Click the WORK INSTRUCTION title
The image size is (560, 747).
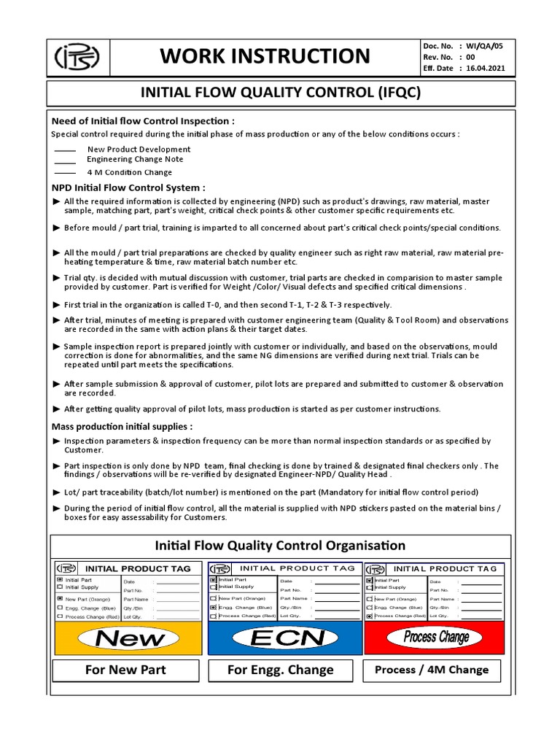(265, 56)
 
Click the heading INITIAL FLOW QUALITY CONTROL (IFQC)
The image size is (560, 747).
(281, 93)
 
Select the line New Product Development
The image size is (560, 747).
(139, 149)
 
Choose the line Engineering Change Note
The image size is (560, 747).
(135, 159)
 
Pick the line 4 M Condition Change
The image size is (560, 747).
(129, 172)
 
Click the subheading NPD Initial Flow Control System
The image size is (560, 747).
(128, 187)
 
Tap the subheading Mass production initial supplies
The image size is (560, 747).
(122, 426)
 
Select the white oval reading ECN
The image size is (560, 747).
(280, 638)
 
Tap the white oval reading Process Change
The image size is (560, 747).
(436, 638)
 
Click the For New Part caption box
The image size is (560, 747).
(125, 670)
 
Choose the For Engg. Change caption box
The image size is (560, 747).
(280, 670)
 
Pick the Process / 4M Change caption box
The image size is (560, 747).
(431, 670)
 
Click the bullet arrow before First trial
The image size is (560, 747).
(57, 305)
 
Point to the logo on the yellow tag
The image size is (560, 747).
(65, 568)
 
